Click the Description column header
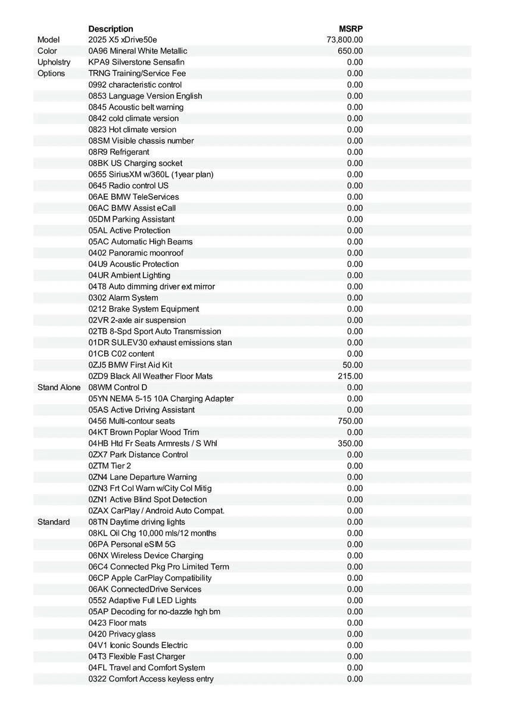pos(111,29)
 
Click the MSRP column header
pos(351,29)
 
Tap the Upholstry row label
pos(54,62)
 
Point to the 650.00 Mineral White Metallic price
pos(350,51)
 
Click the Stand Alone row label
pos(58,387)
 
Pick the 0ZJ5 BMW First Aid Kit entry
pos(130,365)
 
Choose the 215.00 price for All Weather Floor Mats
pos(350,376)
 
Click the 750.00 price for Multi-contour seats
pos(350,421)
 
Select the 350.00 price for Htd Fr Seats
pos(350,443)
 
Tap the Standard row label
pos(54,522)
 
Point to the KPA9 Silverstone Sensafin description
pos(136,62)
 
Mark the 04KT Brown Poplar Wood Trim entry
pos(144,432)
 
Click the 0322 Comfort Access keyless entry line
pos(151,679)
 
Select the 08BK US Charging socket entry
pos(135,163)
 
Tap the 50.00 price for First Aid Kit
pos(353,365)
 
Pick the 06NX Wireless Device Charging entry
pos(146,555)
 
